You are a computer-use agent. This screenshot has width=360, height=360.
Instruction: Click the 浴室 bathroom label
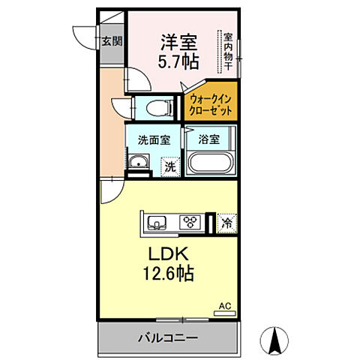[210, 139]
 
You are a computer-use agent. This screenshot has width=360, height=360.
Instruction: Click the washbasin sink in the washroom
[138, 164]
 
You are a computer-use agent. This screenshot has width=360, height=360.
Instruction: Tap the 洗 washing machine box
[172, 166]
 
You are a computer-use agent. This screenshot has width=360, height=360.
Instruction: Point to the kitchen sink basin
[158, 222]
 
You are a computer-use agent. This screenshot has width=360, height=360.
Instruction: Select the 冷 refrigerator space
[226, 222]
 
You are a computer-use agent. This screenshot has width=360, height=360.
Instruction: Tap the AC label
[224, 306]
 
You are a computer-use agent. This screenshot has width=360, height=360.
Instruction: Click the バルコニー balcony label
[168, 338]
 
